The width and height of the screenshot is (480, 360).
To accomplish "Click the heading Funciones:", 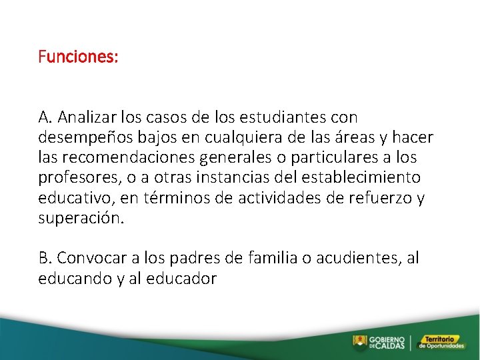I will click(x=78, y=57).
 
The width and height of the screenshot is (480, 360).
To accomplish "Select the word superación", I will click(x=81, y=219).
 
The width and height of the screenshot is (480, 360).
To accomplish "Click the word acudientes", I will click(x=361, y=258).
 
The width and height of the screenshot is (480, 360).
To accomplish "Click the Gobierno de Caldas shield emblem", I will click(x=360, y=342).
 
